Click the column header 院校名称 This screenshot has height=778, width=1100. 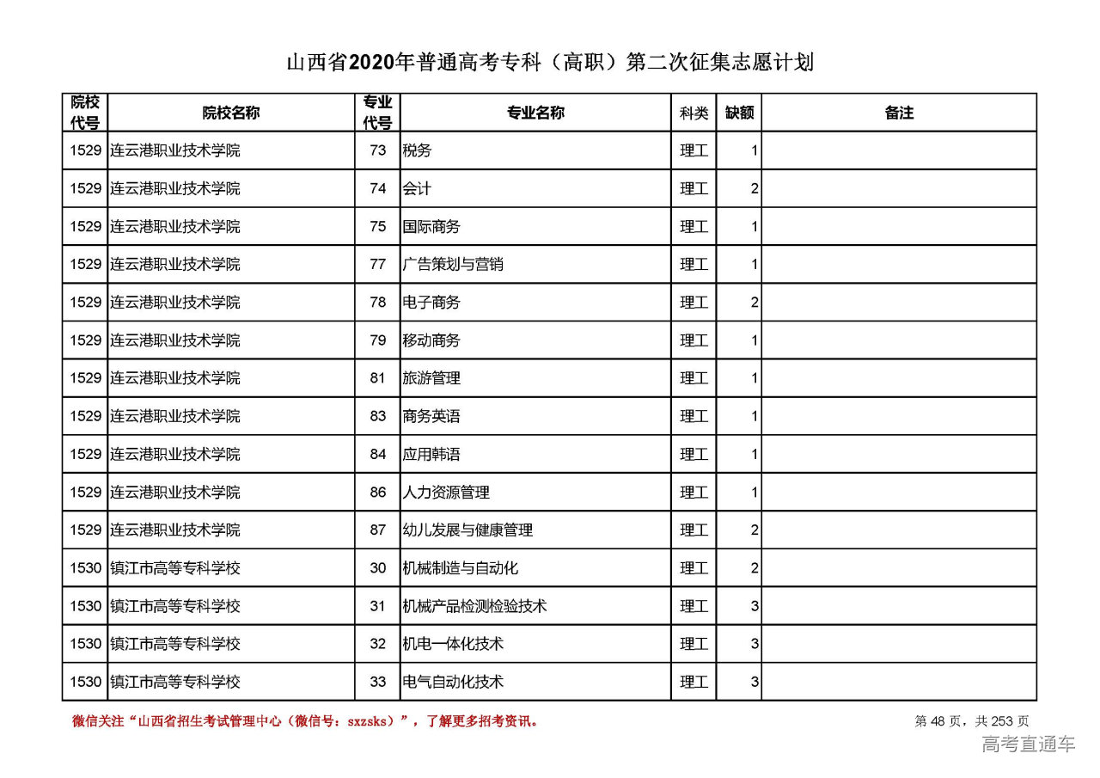coord(231,113)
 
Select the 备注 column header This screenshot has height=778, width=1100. coord(898,113)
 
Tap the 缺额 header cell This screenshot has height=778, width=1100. coord(739,113)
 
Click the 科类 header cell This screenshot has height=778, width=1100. coord(694,113)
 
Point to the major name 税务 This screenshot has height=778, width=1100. coord(417,151)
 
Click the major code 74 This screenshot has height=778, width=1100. coord(378,189)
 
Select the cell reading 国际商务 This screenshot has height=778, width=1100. coord(431,227)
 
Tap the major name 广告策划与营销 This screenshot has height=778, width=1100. coord(453,265)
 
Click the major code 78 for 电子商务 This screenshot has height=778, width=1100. coord(378,303)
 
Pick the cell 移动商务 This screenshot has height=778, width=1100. coord(431,340)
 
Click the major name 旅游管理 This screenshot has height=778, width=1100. coord(431,378)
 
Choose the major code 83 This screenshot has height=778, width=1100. coord(378,416)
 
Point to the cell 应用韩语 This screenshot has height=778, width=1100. coord(431,454)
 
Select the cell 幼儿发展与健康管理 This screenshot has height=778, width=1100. coord(467,530)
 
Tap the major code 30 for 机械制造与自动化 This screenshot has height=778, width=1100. coord(378,568)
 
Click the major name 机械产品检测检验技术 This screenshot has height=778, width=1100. coord(474,606)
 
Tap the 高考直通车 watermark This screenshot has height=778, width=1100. coord(1028,744)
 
